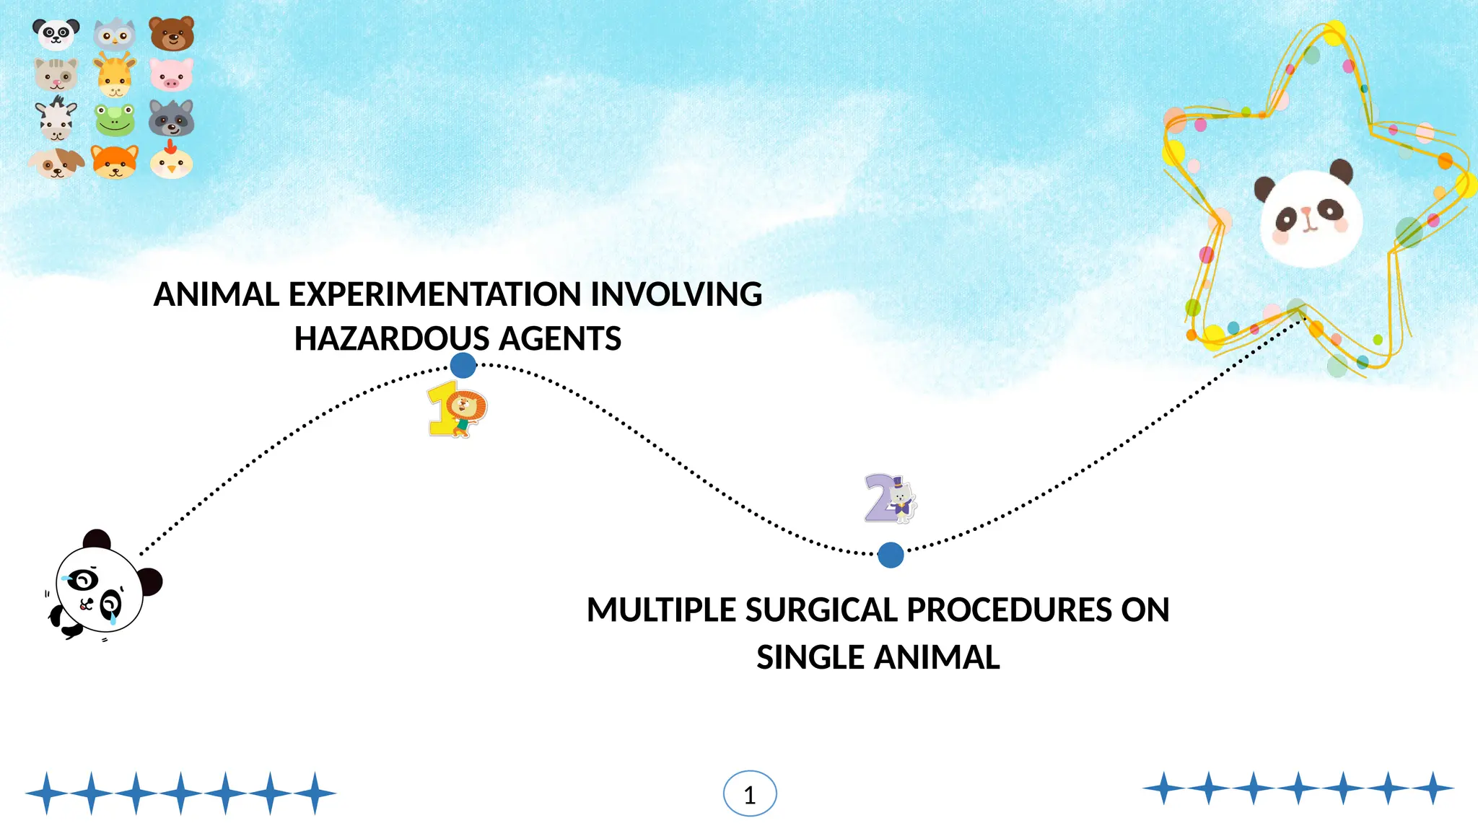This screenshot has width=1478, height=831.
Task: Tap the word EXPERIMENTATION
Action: point(435,294)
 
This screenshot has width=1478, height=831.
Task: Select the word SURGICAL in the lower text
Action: point(822,610)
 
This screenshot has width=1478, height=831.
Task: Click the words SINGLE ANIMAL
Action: point(878,658)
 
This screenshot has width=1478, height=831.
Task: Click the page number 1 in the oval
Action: point(750,794)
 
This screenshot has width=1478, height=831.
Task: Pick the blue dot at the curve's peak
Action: point(463,365)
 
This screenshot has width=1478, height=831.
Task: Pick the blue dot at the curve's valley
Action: point(891,555)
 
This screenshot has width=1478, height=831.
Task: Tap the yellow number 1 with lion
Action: point(457,410)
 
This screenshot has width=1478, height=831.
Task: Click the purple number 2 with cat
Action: point(890,498)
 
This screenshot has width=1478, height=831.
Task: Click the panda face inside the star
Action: point(1310,216)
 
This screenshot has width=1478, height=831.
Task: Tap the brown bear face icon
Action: point(172,34)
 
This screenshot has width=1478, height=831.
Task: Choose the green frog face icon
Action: point(115,120)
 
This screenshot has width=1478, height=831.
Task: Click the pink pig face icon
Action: point(171,74)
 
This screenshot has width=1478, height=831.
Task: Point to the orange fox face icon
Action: point(115,162)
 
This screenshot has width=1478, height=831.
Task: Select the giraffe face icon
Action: point(115,76)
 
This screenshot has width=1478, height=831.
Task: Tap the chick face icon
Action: point(171,162)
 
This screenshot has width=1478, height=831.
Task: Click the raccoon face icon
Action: point(171,119)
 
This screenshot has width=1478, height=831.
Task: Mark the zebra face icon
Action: point(56,120)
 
